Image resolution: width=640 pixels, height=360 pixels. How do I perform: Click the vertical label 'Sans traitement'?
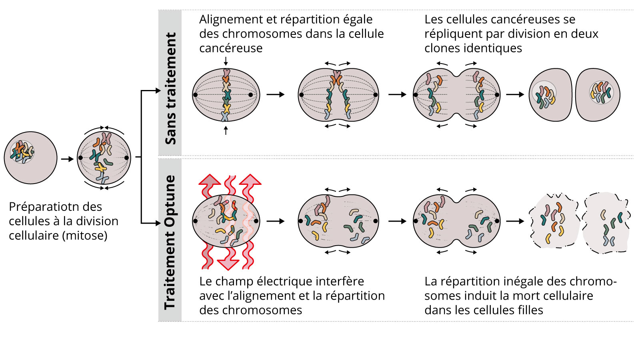pyautogui.click(x=170, y=88)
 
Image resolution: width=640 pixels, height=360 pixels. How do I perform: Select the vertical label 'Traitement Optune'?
pyautogui.click(x=170, y=242)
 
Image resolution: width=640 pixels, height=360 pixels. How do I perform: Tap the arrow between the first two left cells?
pyautogui.click(x=67, y=159)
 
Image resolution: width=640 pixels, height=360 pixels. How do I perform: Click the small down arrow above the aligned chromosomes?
pyautogui.click(x=226, y=61)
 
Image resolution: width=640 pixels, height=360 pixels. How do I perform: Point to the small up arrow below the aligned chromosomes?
pyautogui.click(x=226, y=130)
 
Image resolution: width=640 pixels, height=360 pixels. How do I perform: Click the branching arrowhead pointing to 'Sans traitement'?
pyautogui.click(x=157, y=91)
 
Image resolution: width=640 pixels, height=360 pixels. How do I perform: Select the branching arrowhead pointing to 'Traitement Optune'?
pyautogui.click(x=157, y=223)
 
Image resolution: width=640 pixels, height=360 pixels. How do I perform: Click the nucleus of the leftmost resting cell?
pyautogui.click(x=22, y=152)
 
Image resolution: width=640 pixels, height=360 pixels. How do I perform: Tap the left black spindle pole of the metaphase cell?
pyautogui.click(x=195, y=95)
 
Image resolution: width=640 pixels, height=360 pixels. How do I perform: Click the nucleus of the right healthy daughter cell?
pyautogui.click(x=601, y=92)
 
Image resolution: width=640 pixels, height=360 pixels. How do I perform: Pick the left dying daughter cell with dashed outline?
pyautogui.click(x=554, y=221)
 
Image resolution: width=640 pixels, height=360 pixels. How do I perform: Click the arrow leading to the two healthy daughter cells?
pyautogui.click(x=515, y=94)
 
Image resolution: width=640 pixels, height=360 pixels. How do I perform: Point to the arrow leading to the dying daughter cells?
pyautogui.click(x=515, y=221)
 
